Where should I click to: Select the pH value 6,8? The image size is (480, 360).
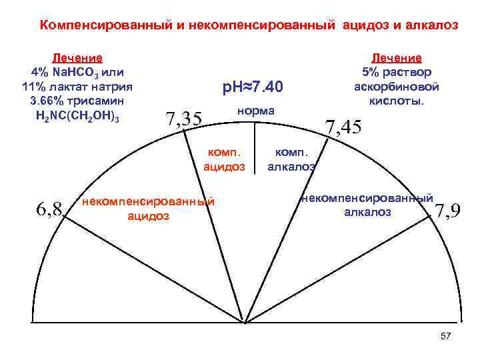point(49,210)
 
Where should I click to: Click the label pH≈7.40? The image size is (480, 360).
point(253,88)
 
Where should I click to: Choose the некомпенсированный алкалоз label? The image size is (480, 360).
point(367,205)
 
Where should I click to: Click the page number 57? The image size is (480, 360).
point(446,335)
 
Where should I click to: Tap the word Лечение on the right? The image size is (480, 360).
point(397,58)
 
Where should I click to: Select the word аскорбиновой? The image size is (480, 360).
point(397,87)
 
